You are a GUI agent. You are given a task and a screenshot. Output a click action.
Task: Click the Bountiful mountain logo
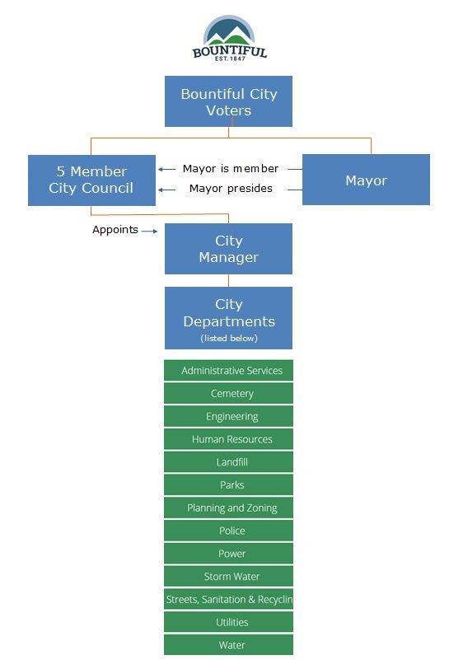coord(229,38)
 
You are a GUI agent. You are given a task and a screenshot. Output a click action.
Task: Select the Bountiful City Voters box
coord(228,101)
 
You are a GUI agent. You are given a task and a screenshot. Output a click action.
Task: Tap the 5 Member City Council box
coord(91,180)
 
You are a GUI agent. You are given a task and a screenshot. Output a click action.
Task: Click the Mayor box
coord(366,180)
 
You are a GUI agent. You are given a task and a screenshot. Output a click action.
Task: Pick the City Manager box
coord(228,249)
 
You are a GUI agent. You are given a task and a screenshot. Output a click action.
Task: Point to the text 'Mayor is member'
coord(231,169)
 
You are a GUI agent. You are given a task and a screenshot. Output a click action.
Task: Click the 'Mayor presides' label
coord(231,189)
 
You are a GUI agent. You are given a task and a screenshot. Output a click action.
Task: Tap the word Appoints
coord(115,230)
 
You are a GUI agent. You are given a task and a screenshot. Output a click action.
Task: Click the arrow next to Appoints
coord(149,231)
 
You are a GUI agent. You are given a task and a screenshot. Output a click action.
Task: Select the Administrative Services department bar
coord(228,371)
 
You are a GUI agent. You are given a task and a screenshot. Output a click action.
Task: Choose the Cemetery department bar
coord(228,394)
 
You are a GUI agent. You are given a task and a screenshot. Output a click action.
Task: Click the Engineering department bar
coord(228,416)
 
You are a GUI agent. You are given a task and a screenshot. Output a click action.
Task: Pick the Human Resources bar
coord(228,439)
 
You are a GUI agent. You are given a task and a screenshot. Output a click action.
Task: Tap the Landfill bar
coord(228,462)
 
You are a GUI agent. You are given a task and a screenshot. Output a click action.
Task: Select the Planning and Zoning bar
coord(228,508)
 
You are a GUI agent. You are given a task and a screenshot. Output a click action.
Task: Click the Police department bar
coord(228,531)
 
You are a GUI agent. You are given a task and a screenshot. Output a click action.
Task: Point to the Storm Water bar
coord(228,577)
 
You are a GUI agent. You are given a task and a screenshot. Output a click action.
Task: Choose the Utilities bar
coord(228,622)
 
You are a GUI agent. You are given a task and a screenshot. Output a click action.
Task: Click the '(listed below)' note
coord(229,339)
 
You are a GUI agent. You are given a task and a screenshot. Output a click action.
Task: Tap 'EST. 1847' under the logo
coord(230,59)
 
